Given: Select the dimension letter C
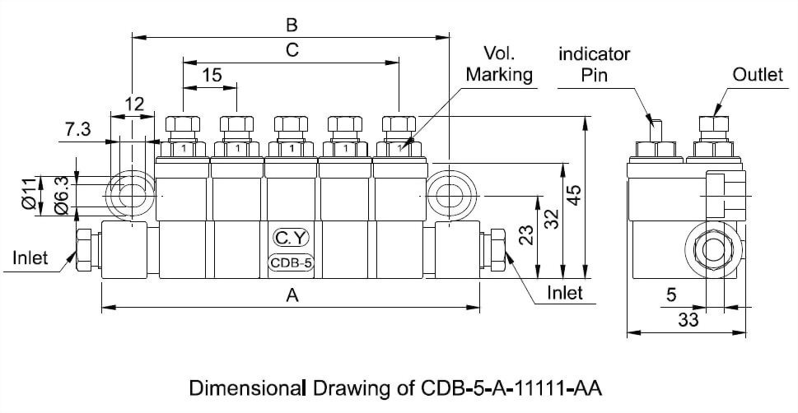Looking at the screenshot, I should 291,50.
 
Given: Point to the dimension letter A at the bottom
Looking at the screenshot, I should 291,296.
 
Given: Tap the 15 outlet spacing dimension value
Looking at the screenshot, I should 211,75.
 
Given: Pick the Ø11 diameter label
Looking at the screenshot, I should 30,195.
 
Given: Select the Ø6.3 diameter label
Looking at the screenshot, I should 60,195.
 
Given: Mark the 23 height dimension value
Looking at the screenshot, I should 528,236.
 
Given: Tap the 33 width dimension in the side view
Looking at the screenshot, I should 688,321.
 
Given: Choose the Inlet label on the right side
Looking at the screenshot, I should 565,293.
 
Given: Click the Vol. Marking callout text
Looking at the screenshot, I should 499,64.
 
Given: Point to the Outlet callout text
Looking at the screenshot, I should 758,75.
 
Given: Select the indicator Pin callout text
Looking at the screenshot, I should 594,64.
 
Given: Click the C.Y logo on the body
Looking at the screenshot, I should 291,239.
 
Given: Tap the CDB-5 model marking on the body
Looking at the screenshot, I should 291,263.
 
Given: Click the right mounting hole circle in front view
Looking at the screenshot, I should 449,197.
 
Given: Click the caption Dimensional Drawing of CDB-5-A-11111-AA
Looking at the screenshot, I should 399,387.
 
